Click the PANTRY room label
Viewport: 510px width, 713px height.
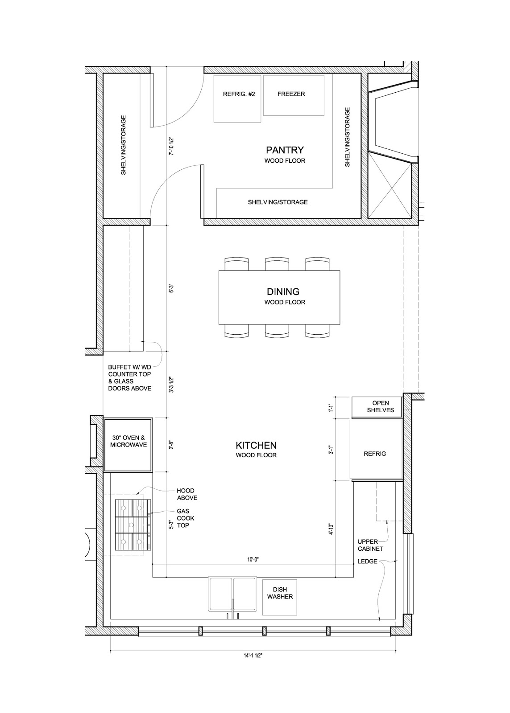285,150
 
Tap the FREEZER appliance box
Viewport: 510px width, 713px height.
294,95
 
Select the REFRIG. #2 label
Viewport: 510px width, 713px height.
239,94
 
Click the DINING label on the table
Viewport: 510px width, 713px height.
283,291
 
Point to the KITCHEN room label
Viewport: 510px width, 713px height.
256,445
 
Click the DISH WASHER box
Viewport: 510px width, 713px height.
280,597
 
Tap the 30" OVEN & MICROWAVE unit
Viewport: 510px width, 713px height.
129,445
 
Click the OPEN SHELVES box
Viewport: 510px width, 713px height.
377,407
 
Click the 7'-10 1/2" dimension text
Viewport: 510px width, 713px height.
171,146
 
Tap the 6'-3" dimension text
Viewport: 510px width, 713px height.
171,289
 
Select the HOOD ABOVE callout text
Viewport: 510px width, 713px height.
187,494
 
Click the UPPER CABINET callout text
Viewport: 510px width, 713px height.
370,545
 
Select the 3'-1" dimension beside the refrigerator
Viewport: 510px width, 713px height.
331,449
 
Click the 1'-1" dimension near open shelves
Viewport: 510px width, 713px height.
331,408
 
